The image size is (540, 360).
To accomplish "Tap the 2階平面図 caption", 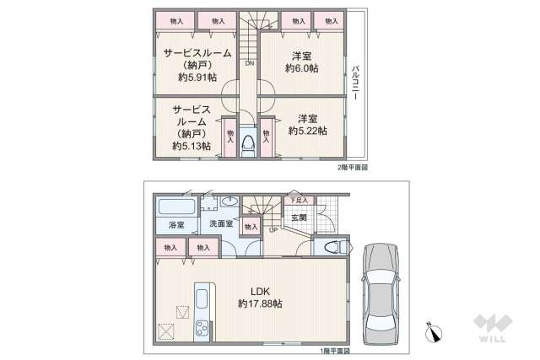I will coord(353,168).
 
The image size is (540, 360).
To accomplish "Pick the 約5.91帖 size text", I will coord(197,77).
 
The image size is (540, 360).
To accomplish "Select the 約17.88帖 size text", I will coord(260,304).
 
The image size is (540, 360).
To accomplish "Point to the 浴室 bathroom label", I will coord(175,225).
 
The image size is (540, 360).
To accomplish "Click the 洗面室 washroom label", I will coord(222,224).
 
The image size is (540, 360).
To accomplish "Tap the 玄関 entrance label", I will coord(300,218).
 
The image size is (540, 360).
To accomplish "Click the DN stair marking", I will coord(250,63).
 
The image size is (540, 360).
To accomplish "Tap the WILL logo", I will coord(492,329).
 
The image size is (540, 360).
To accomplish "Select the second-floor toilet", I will coord(247,143).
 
